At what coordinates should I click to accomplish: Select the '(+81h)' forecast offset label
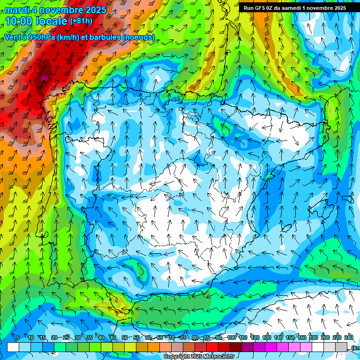pyautogui.click(x=82, y=21)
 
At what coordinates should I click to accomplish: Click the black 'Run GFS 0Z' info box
pyautogui.click(x=294, y=7)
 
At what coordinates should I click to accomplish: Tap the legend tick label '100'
pyautogui.click(x=231, y=337)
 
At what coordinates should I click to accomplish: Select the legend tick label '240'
pyautogui.click(x=348, y=337)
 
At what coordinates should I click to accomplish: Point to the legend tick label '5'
pyautogui.click(x=18, y=337)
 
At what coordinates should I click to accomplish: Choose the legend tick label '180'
pyautogui.click(x=313, y=337)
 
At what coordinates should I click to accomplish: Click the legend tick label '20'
pyautogui.click(x=54, y=337)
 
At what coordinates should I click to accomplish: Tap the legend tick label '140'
pyautogui.click(x=278, y=337)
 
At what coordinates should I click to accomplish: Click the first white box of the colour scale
pyautogui.click(x=13, y=347)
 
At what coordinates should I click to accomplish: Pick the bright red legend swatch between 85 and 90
pyautogui.click(x=213, y=347)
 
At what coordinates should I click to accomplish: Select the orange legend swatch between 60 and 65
pyautogui.click(x=154, y=347)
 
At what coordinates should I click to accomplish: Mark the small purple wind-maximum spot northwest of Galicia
pyautogui.click(x=45, y=78)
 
